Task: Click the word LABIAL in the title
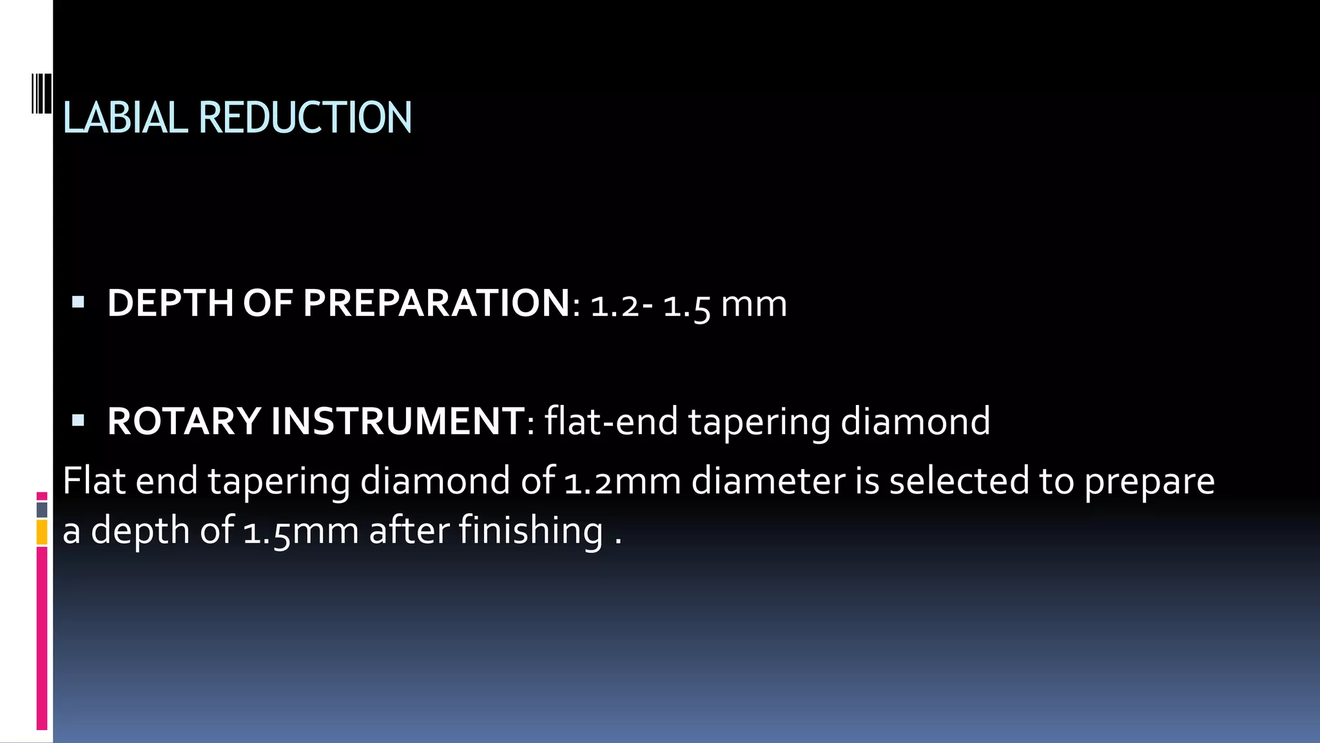coord(125,118)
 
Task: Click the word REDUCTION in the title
coord(305,118)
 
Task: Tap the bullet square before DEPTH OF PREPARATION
coord(78,302)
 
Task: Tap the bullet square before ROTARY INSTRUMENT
coord(78,421)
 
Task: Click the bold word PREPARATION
coord(436,303)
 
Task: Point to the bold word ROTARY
coord(184,422)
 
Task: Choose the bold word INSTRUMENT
coord(398,422)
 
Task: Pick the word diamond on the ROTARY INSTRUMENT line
coord(915,422)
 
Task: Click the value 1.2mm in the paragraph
coord(623,482)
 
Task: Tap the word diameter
coord(768,482)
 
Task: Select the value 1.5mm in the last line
coord(301,531)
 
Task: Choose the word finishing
coord(530,531)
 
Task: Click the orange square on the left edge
coord(42,533)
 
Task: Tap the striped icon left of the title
coord(42,94)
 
